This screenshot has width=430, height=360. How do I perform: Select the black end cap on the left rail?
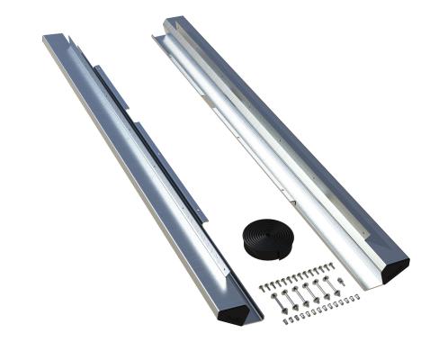click(x=236, y=310)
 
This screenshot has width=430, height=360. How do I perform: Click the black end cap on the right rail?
click(x=393, y=267)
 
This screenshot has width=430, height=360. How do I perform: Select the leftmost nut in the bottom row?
click(x=284, y=320)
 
